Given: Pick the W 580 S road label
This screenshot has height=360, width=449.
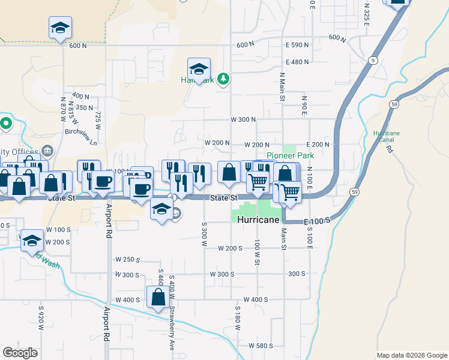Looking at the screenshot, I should [261, 346].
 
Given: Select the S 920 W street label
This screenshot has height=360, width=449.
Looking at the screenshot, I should [42, 318].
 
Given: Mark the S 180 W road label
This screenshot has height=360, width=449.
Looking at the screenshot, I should [238, 319].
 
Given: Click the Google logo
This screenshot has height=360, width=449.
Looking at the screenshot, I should [20, 352].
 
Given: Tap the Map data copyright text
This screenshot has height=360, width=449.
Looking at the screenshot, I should [411, 355].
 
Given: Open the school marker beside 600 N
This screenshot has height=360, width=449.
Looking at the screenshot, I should [60, 28].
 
